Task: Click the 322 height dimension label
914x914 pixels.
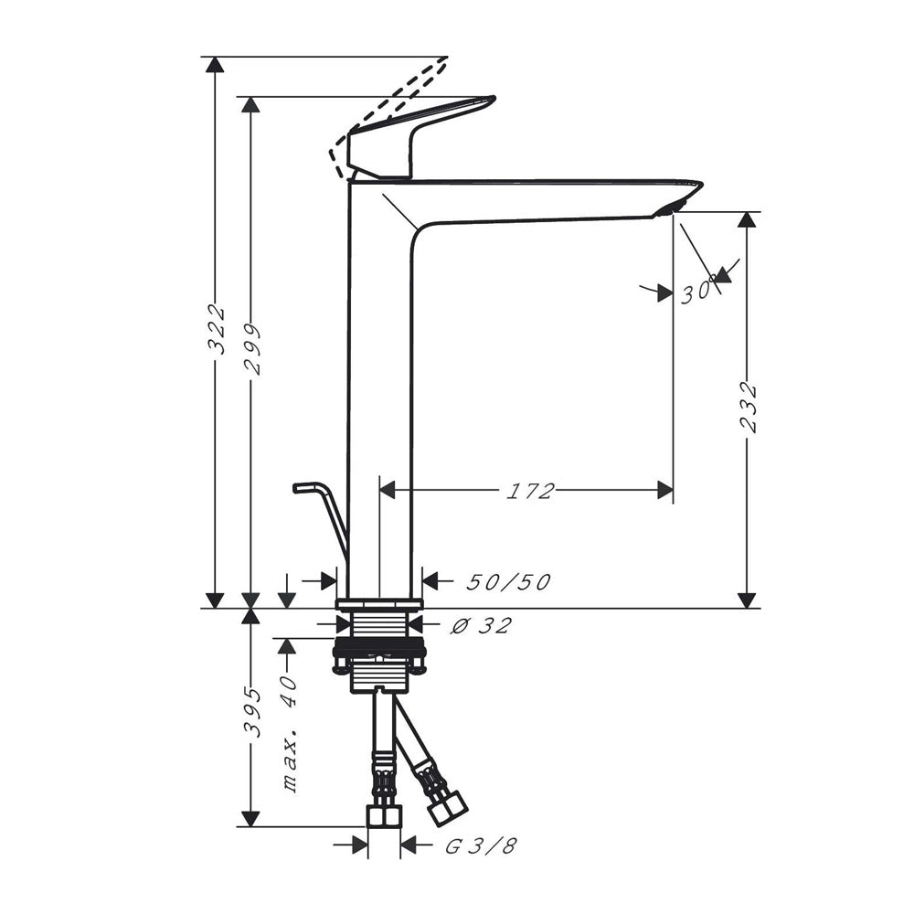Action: click(217, 329)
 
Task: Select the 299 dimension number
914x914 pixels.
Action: click(252, 348)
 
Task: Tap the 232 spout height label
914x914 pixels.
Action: click(748, 407)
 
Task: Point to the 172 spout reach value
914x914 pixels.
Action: click(529, 492)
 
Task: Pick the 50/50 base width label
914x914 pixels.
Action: click(508, 581)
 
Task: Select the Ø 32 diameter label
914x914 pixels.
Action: click(482, 625)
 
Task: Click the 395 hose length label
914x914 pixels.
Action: click(252, 712)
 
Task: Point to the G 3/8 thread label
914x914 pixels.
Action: click(482, 845)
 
